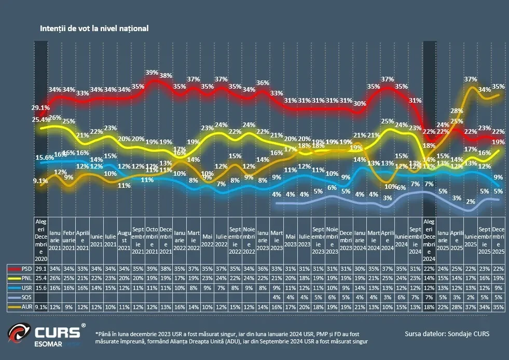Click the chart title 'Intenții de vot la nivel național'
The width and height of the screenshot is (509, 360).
coord(94,28)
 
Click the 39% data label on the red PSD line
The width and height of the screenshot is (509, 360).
coord(152,72)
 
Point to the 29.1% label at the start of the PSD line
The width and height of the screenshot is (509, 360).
coord(40,108)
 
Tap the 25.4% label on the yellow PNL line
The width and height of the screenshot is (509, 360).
coord(40,120)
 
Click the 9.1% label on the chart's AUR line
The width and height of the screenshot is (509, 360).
coord(40,181)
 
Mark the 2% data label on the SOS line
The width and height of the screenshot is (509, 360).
coord(470,201)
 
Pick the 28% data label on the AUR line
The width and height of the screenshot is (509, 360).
coord(456,111)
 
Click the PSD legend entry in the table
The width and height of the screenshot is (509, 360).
coord(26,269)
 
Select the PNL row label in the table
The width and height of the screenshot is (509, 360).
coord(26,278)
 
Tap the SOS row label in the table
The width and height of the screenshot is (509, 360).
coord(26,297)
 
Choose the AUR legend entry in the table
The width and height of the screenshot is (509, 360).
coord(26,306)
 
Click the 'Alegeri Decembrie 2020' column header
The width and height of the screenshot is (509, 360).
coord(40,240)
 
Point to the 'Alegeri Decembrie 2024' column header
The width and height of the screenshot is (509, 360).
coord(429,240)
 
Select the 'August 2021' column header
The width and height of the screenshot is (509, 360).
coord(123,240)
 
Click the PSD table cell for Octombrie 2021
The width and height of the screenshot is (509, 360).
coord(152,269)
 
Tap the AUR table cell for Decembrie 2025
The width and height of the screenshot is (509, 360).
coord(498,306)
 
